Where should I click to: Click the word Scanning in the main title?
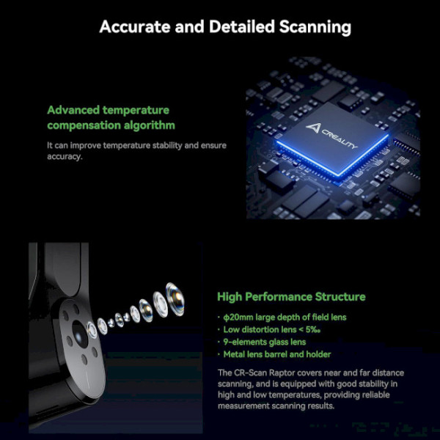tap(315, 28)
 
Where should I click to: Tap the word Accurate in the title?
tap(135, 26)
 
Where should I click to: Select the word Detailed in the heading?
tap(241, 26)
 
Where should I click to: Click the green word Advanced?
tap(73, 110)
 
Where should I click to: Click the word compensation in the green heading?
tap(84, 125)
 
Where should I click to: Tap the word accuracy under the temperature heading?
tap(65, 157)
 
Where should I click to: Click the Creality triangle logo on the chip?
tap(313, 128)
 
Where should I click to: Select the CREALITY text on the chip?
tap(340, 139)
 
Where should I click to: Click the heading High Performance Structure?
tap(291, 296)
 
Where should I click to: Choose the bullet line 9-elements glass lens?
tap(265, 342)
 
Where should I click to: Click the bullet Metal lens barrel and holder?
tap(277, 354)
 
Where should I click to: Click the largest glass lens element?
tap(175, 299)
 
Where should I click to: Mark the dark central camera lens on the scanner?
tap(80, 334)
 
